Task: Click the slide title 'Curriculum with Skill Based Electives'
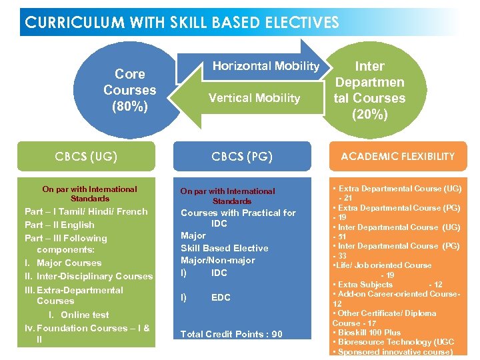182,22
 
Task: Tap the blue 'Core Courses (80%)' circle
130,90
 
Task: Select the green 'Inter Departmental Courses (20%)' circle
370,90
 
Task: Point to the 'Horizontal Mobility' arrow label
265,66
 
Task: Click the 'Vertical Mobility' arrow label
254,98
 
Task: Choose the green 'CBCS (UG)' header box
86,157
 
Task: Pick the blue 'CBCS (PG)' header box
242,157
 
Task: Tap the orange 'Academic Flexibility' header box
397,157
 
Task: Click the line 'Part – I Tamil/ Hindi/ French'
86,211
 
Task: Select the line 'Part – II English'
59,225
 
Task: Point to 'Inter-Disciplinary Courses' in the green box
95,276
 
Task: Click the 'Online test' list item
84,315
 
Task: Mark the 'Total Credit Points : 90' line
231,334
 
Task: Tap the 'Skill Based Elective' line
224,248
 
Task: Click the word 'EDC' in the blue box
221,297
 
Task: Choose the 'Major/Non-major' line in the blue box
217,260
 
